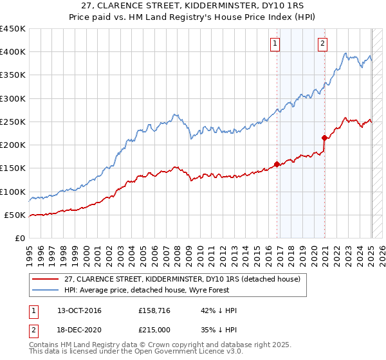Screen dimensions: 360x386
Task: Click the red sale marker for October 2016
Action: pos(277,164)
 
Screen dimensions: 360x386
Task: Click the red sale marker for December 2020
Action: pos(324,138)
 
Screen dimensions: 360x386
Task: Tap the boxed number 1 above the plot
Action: pos(275,44)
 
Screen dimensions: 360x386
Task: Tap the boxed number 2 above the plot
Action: pos(322,44)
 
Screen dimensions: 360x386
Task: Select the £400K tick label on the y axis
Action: pos(13,52)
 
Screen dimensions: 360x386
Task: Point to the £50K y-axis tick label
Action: pos(15,215)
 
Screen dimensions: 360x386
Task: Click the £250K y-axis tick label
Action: pos(13,122)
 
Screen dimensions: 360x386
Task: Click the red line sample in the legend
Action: pos(46,279)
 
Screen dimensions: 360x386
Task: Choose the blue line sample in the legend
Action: pos(46,290)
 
